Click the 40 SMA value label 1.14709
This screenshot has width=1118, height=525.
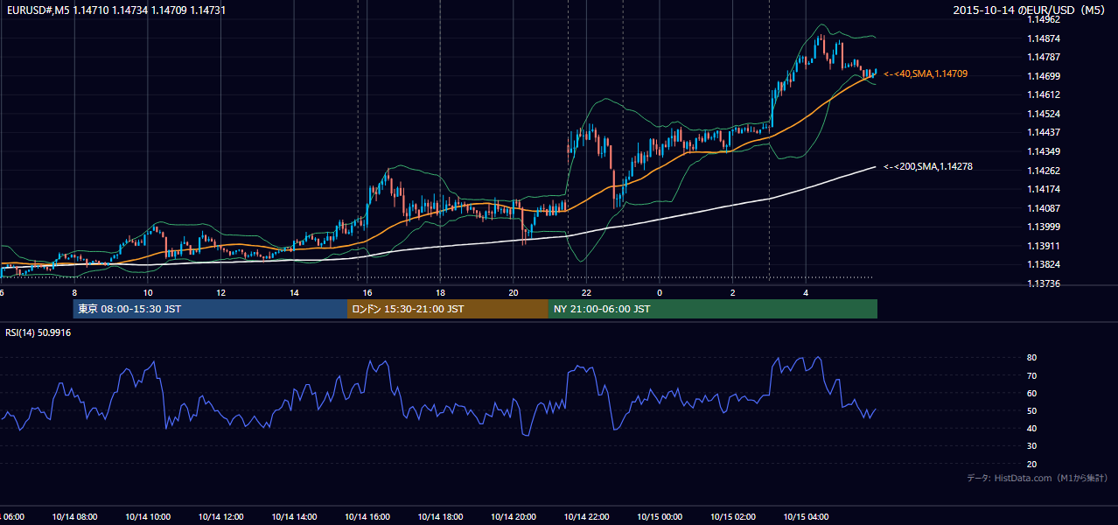click(926, 73)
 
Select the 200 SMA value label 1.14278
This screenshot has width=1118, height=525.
click(928, 166)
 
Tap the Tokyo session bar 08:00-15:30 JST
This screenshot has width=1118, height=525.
click(210, 309)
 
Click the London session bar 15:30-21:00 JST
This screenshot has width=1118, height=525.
click(448, 309)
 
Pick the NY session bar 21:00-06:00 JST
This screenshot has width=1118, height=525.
click(713, 309)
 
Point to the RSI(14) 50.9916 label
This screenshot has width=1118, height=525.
click(38, 332)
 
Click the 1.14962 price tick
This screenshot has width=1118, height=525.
click(1044, 20)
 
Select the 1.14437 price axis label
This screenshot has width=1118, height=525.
click(1044, 132)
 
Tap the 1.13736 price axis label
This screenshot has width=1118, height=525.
click(1044, 283)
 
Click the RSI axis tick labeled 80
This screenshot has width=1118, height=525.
click(1031, 357)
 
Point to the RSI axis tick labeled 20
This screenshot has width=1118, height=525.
click(1031, 464)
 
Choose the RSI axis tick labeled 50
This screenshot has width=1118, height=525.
click(1031, 410)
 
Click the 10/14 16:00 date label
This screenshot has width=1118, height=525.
click(367, 517)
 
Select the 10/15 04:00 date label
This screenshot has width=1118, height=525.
click(806, 517)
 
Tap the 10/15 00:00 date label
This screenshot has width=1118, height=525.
click(660, 517)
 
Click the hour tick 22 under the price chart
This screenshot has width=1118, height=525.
click(586, 293)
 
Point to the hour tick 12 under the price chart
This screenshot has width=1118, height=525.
click(220, 293)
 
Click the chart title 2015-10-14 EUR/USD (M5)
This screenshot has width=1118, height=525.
click(1029, 10)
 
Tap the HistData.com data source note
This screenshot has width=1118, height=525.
click(1038, 478)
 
